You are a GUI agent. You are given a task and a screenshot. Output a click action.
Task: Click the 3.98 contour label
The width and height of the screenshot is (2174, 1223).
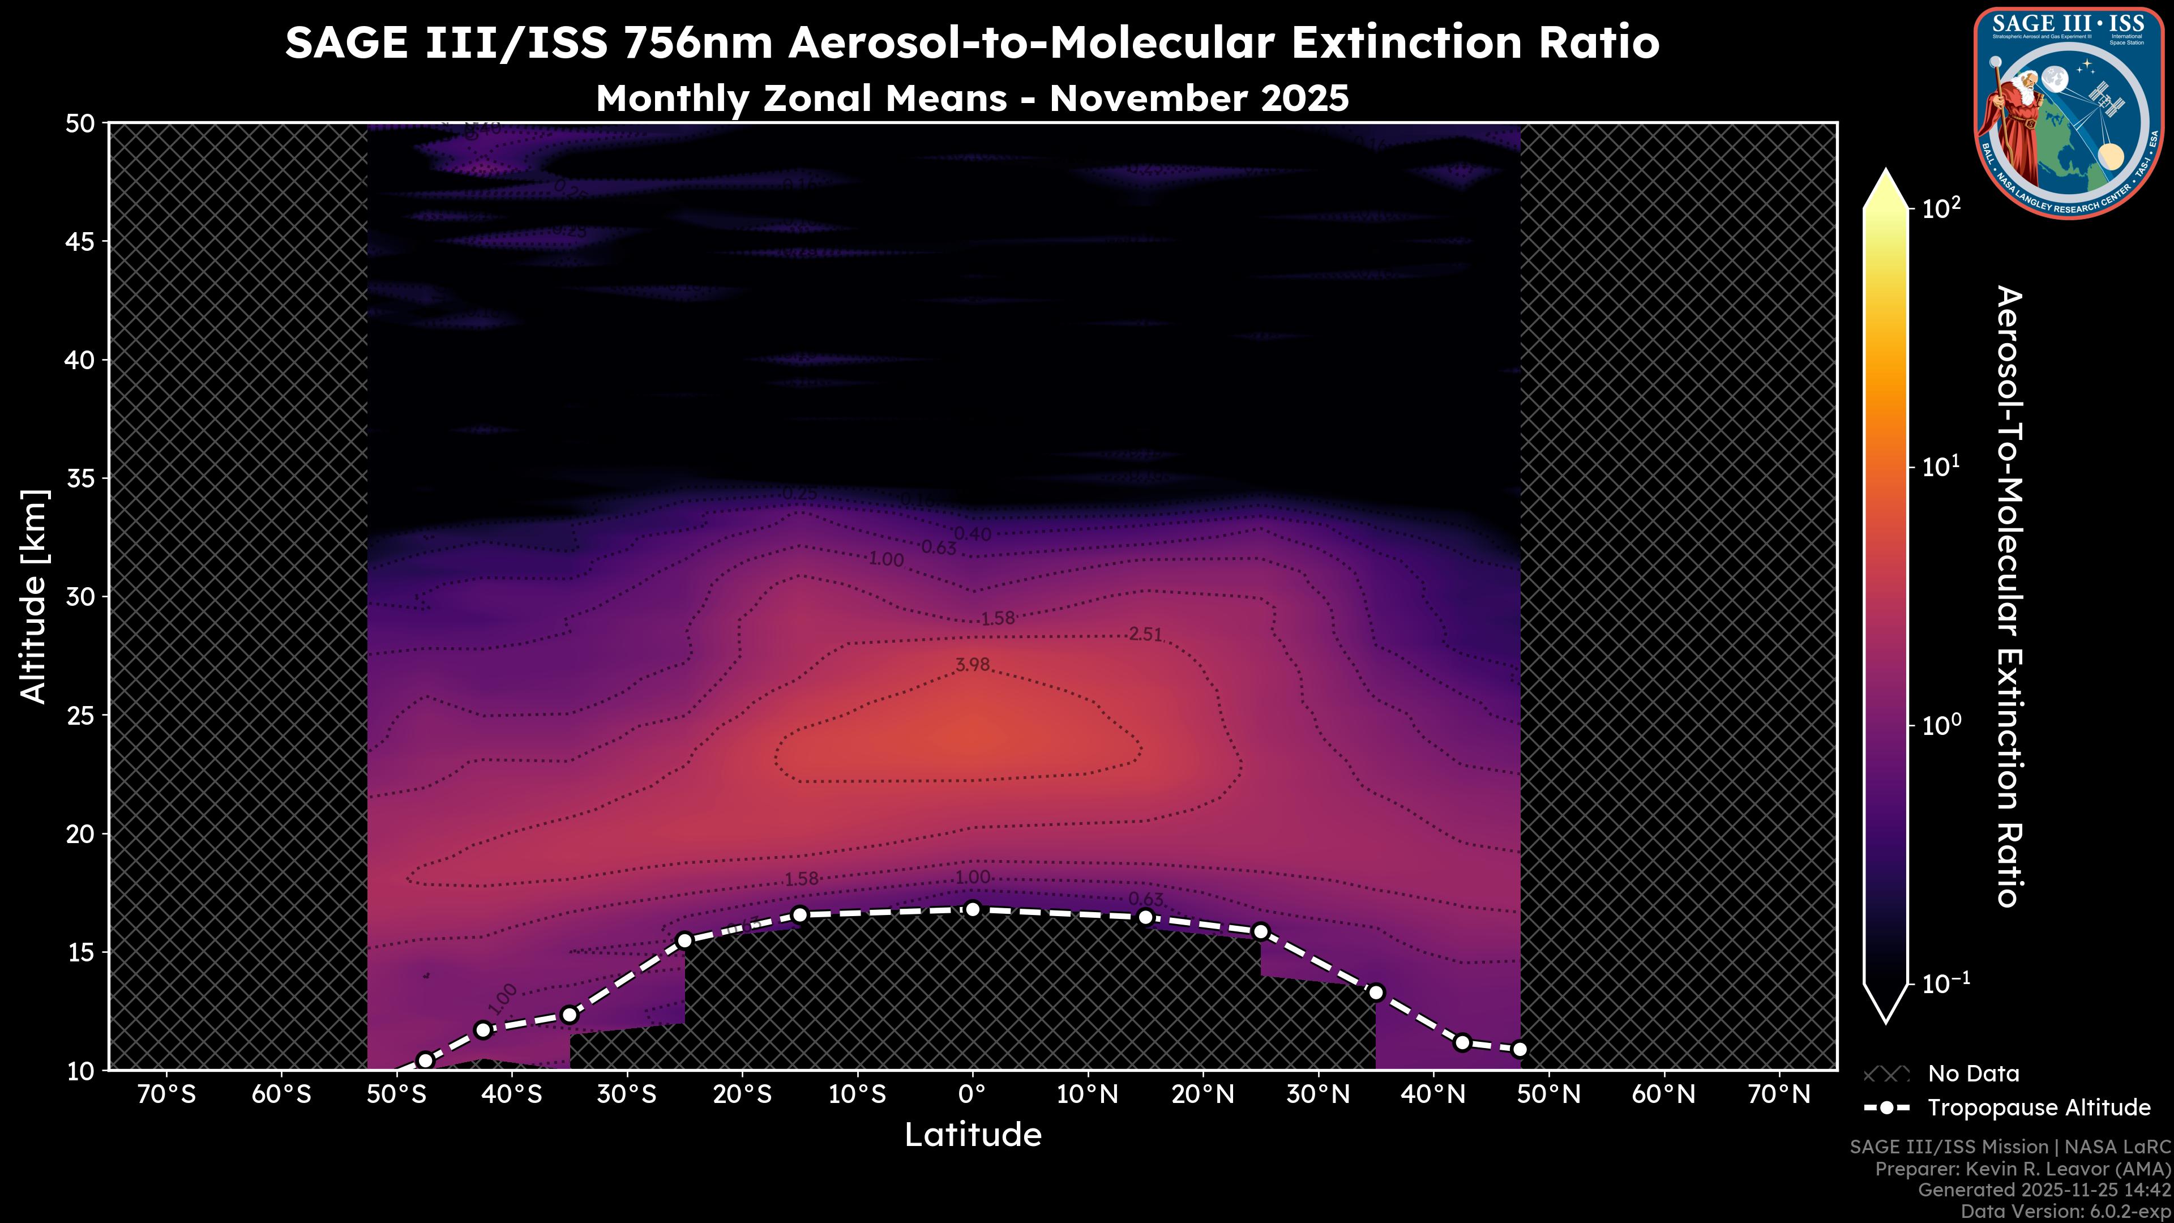(x=972, y=665)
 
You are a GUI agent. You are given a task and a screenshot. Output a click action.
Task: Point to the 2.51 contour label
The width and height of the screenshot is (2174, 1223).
(x=1145, y=635)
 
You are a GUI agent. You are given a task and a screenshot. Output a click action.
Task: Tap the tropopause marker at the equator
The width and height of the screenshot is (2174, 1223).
(x=972, y=909)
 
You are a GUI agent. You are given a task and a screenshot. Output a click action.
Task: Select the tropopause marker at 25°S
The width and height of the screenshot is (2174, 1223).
(x=685, y=940)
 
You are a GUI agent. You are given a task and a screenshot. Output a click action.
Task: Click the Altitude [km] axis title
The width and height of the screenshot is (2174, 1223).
(x=34, y=596)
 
